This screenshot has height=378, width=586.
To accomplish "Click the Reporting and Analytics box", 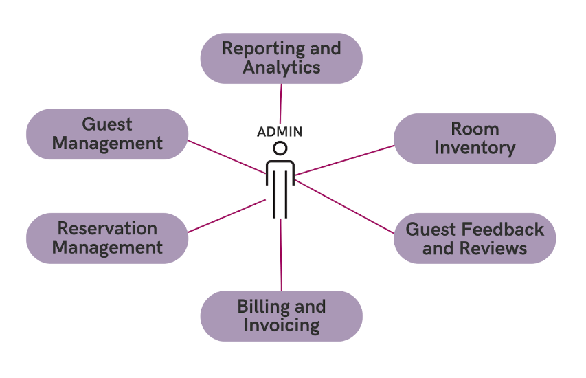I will (281, 58).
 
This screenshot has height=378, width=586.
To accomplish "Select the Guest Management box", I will (107, 134).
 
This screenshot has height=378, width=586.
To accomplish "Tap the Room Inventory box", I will (475, 138).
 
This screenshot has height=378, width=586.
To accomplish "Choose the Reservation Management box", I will (107, 238).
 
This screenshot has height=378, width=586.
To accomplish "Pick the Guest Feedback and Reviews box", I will (475, 238).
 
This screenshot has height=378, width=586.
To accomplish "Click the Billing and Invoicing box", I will (281, 316).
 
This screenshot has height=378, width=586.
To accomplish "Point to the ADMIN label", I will (280, 131).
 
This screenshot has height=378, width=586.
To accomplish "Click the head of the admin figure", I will (280, 148).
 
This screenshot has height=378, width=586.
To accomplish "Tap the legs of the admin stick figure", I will (280, 199).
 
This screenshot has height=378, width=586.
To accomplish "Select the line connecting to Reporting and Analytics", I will (281, 103).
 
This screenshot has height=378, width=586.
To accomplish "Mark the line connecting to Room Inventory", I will (343, 160).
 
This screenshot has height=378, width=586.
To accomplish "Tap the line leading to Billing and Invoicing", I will (281, 254).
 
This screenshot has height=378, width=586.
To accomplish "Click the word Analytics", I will (281, 67).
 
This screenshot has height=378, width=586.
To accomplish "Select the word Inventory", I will (475, 148).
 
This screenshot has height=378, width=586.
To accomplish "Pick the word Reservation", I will (107, 229).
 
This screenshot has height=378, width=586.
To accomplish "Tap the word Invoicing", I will (281, 325).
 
